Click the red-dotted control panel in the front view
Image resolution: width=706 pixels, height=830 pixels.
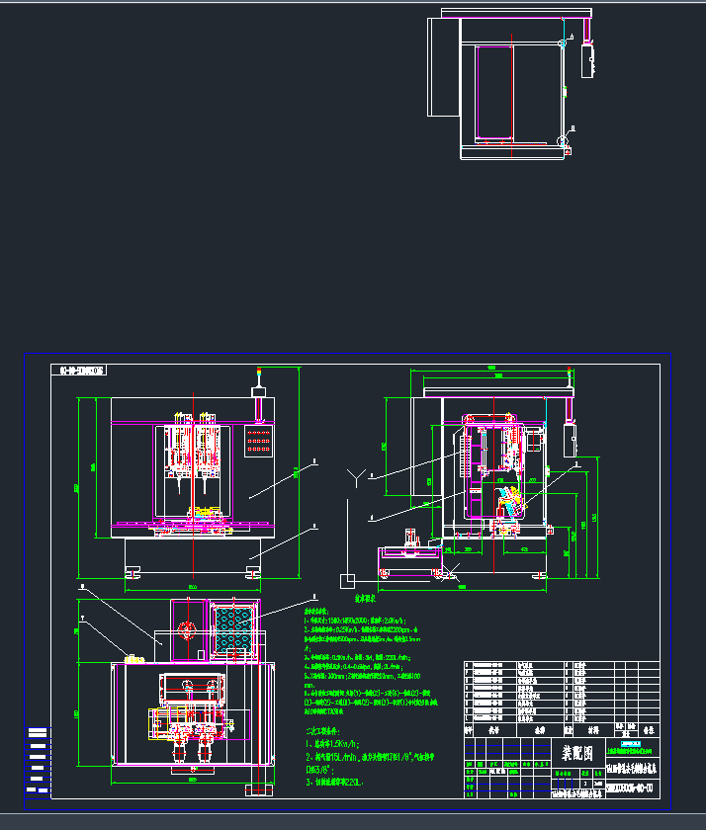(x=258, y=441)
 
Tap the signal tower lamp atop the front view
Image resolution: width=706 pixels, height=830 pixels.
(x=258, y=375)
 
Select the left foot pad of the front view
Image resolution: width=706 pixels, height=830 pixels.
(x=132, y=570)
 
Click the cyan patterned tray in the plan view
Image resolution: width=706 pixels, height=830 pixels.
(x=233, y=628)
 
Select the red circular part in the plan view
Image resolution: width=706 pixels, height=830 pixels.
(x=186, y=629)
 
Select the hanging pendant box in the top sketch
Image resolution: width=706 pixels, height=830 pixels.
(x=589, y=59)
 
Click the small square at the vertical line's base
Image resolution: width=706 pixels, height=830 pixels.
(x=347, y=578)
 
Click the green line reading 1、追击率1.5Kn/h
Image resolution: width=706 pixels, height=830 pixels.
(x=337, y=742)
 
